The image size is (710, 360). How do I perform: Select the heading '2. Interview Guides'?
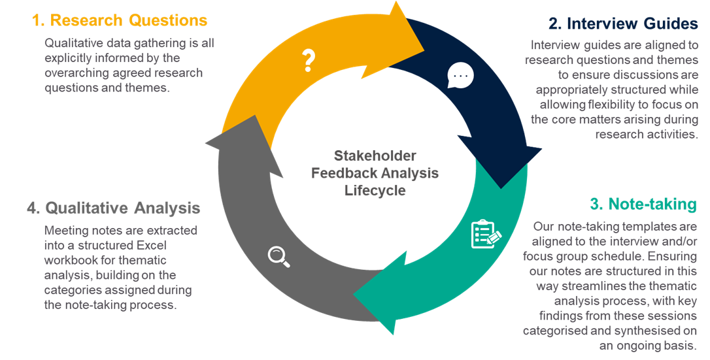623,24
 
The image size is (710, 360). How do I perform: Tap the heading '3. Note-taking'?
643,204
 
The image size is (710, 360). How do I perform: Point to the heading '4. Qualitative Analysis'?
114,208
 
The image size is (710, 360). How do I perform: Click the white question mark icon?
309,61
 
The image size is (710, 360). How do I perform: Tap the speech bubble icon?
460,76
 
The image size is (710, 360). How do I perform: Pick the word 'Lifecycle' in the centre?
375,191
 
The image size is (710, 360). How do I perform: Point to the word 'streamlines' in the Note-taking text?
571,287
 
